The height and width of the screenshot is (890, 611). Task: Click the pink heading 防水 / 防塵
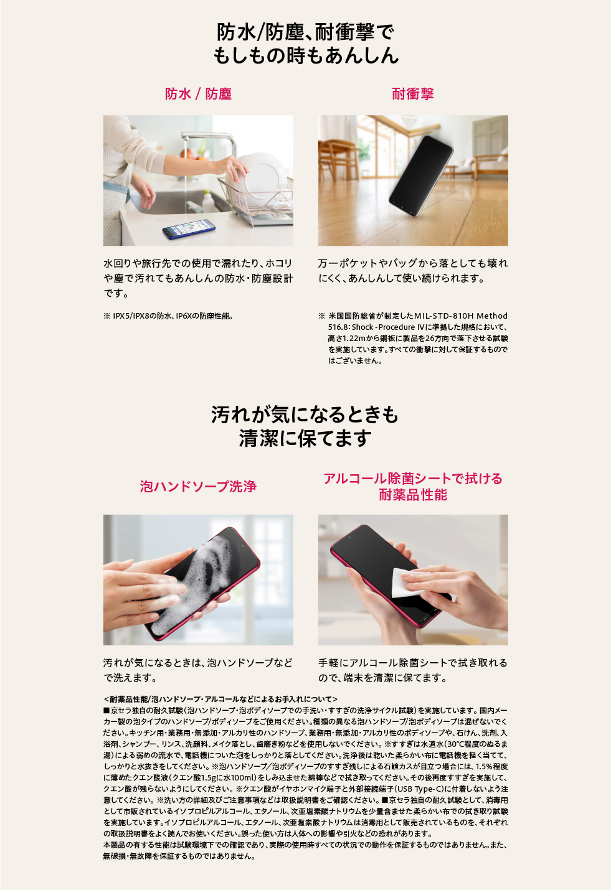198,94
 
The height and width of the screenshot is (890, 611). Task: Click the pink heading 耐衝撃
412,94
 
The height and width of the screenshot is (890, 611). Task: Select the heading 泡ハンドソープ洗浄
198,487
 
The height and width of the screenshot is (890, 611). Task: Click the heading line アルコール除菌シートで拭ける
412,479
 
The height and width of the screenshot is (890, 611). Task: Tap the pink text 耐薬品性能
412,495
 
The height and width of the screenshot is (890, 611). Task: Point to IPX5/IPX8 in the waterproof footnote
133,316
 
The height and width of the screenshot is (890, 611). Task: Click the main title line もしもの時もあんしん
305,56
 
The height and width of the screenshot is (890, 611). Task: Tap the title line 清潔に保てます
305,438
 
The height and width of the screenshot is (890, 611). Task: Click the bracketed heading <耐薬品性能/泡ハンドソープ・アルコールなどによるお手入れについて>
220,700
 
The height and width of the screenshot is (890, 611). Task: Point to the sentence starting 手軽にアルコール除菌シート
412,663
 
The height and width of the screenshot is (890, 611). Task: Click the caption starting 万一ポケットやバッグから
412,263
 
